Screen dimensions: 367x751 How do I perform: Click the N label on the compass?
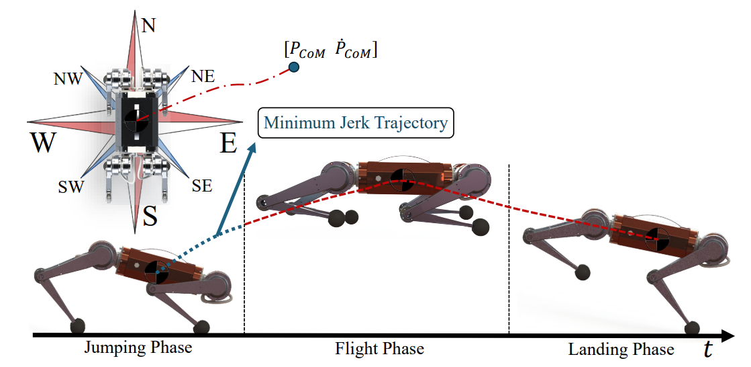pos(148,25)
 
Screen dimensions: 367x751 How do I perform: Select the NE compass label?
pos(203,76)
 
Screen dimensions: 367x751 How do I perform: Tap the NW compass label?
pos(68,79)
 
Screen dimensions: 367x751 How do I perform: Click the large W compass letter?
pos(42,143)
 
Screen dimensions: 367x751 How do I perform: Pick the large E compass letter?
pos(229,143)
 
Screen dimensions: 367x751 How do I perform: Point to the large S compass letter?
pos(151,216)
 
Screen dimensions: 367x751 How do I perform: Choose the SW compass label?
pos(70,186)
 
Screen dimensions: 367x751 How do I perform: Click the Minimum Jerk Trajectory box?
pos(356,123)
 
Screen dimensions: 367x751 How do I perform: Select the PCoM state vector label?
pos(331,50)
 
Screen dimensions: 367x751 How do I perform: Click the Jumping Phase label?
pos(138,348)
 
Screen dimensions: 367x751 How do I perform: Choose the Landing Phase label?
pos(621,350)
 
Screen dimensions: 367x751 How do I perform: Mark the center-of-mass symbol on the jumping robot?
pos(156,272)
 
